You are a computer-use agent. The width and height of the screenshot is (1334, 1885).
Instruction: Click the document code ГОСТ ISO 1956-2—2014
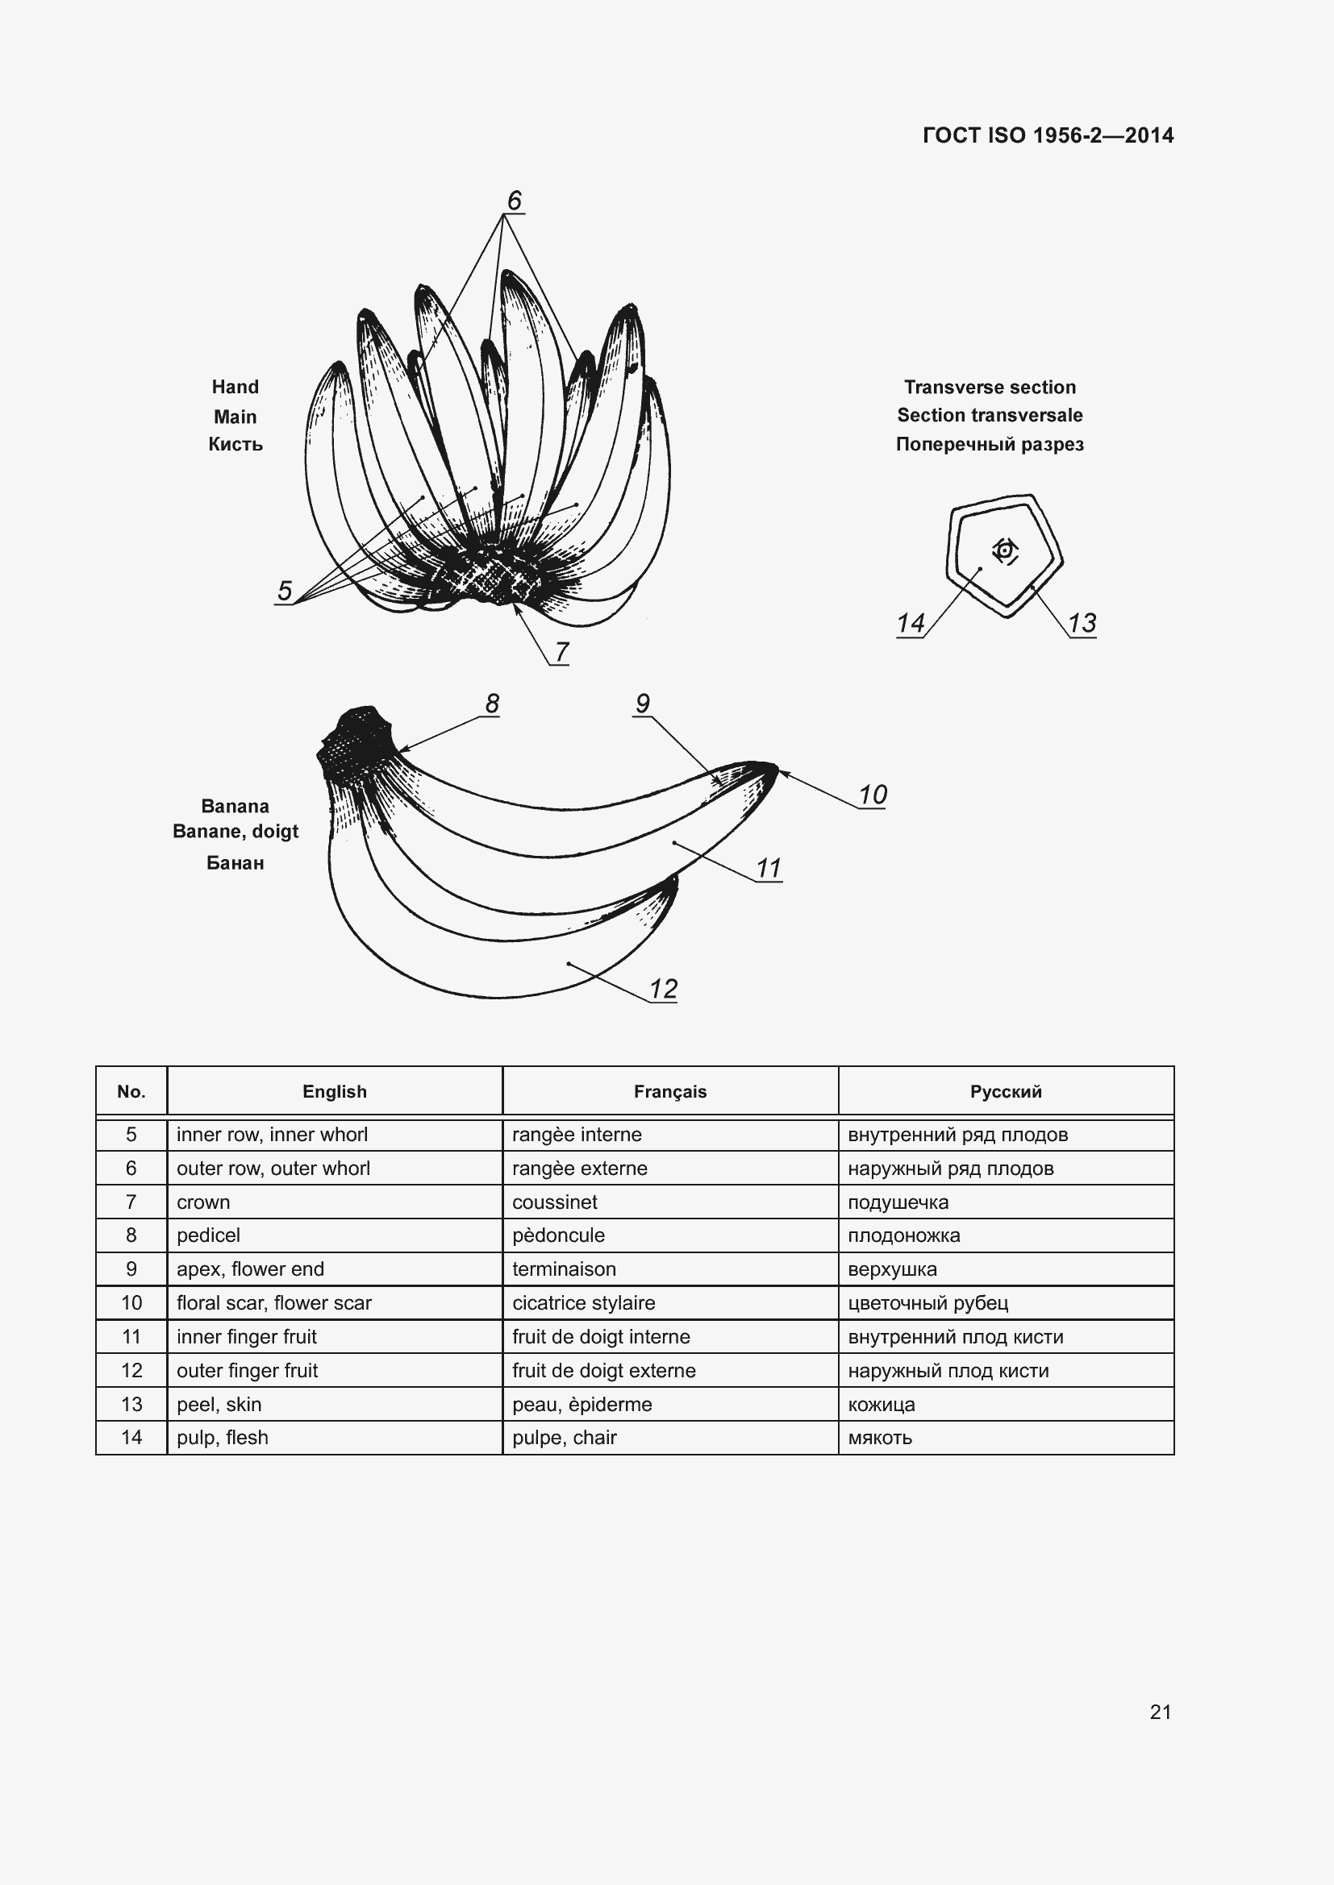click(1048, 135)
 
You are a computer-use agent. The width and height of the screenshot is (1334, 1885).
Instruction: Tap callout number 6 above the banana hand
click(515, 201)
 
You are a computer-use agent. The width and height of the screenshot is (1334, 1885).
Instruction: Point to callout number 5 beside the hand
click(284, 590)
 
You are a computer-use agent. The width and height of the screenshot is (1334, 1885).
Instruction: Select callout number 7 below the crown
click(561, 651)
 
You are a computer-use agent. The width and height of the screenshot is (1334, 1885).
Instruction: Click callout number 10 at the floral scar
click(873, 794)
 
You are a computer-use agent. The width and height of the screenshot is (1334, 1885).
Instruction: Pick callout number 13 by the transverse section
click(1082, 622)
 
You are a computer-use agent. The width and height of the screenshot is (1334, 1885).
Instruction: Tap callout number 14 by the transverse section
click(910, 622)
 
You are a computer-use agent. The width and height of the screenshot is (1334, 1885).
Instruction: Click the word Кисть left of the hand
click(235, 444)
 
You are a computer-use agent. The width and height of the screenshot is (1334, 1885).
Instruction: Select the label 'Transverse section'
click(989, 387)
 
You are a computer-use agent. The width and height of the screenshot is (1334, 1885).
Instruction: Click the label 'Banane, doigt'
click(235, 831)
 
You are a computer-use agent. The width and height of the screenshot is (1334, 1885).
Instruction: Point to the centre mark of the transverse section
click(1005, 550)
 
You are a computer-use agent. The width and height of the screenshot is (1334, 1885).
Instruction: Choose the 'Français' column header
click(669, 1091)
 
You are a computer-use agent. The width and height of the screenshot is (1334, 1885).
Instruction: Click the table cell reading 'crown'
click(204, 1202)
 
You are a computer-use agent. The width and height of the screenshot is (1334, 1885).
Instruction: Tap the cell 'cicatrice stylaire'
click(583, 1303)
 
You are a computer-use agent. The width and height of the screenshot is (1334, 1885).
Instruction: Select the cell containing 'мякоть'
click(880, 1438)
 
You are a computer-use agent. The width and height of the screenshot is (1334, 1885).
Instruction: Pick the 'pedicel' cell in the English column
click(209, 1235)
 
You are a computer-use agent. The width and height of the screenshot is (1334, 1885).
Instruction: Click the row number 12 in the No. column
click(131, 1370)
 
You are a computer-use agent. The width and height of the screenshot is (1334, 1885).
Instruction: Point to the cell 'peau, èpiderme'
click(582, 1404)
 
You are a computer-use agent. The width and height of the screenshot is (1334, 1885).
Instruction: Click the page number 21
click(1160, 1712)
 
